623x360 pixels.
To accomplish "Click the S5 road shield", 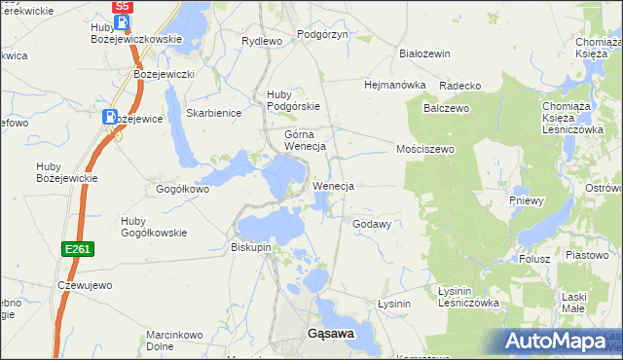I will click(123, 7).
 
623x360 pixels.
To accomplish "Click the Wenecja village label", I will click(333, 185).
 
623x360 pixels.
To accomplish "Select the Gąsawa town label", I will click(331, 333).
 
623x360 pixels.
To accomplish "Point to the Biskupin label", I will click(251, 247).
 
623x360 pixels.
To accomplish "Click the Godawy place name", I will click(372, 224).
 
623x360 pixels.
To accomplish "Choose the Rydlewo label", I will click(261, 41).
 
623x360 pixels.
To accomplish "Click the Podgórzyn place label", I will click(322, 34).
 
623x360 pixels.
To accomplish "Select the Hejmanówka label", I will click(395, 85).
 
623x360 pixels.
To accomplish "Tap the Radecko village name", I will click(460, 86).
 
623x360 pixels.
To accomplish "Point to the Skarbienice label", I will click(213, 113).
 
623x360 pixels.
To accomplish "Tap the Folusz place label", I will click(534, 259).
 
